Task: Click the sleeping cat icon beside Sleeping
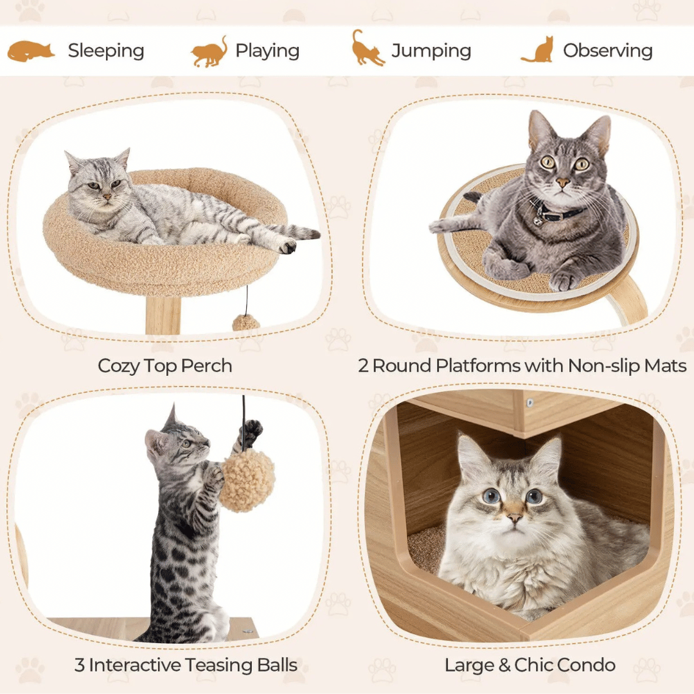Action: [x=31, y=51]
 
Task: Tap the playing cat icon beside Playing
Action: [x=209, y=51]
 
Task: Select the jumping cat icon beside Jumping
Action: [x=368, y=48]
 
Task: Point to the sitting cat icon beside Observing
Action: [x=538, y=50]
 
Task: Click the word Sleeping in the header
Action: [x=106, y=51]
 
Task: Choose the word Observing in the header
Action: [x=608, y=51]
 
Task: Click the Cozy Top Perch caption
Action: [x=165, y=366]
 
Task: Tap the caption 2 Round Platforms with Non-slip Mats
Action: [x=522, y=366]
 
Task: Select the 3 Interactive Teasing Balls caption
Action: [x=186, y=665]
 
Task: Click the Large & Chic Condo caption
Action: [x=529, y=665]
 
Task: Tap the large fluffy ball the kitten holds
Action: [x=247, y=481]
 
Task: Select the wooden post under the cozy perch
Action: [x=163, y=315]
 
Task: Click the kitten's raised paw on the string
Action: [x=251, y=432]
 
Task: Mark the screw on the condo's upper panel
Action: [x=531, y=403]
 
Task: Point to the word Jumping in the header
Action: [x=431, y=51]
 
